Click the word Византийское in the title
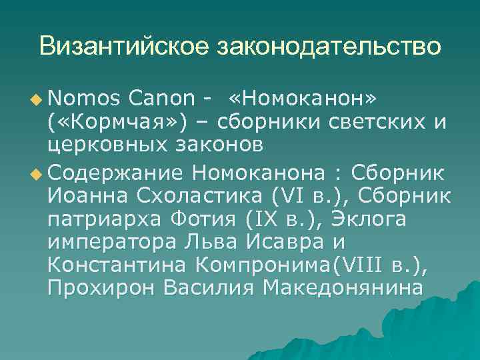[123, 46]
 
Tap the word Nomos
[83, 99]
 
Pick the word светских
[363, 123]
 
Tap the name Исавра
[271, 243]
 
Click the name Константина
[117, 265]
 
